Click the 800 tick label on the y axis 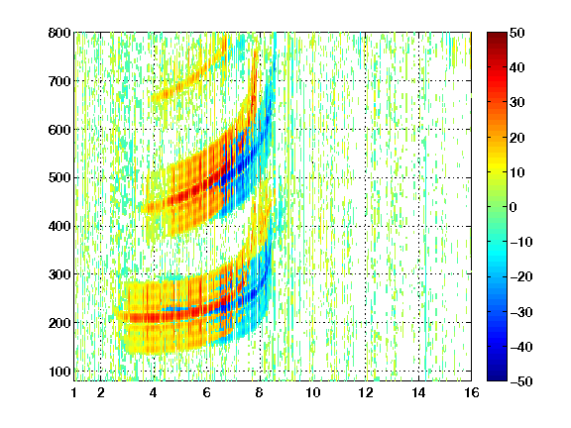point(59,33)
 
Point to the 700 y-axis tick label point(59,81)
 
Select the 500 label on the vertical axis point(59,178)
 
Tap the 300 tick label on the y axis point(59,274)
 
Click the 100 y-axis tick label point(59,372)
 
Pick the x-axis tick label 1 point(74,392)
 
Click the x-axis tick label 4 point(154,392)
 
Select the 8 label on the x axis point(259,392)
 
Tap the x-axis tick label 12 point(365,392)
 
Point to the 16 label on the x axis point(472,392)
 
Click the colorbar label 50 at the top point(517,33)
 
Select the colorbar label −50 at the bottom point(521,381)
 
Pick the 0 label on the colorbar point(514,207)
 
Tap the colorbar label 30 point(517,102)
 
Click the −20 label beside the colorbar point(521,276)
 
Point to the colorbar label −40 point(521,347)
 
